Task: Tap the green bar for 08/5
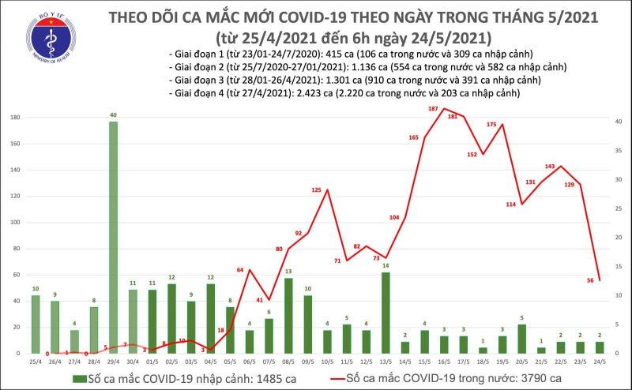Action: [x=288, y=315]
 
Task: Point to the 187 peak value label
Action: [x=433, y=108]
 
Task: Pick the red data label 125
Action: [x=317, y=190]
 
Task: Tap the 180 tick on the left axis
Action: [x=14, y=118]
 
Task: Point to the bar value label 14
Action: [x=385, y=266]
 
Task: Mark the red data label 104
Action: [x=394, y=217]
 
